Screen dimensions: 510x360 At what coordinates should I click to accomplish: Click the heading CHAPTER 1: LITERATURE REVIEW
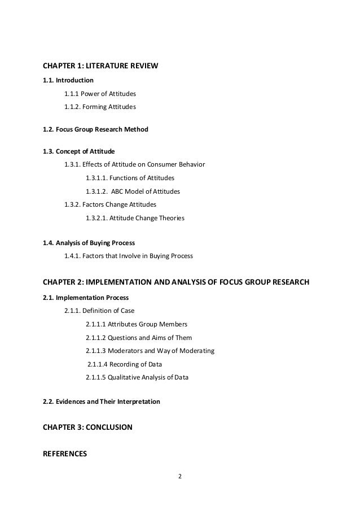tap(100, 67)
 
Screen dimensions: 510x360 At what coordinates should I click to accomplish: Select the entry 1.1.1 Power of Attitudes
tap(100, 93)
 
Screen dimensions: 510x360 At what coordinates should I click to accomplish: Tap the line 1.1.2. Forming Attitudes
tap(100, 106)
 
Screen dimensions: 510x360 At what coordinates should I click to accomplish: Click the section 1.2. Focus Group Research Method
tap(95, 129)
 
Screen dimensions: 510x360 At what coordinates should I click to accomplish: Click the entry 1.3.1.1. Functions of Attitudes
tap(130, 178)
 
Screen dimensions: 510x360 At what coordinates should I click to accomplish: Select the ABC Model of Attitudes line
tap(133, 191)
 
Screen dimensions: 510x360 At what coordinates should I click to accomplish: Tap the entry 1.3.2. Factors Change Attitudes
tap(110, 204)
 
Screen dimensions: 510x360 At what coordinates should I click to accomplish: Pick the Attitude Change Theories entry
tap(135, 217)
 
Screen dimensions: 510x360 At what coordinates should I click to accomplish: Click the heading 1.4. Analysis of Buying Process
tap(89, 243)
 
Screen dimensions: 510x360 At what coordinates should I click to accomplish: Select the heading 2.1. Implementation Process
tap(86, 297)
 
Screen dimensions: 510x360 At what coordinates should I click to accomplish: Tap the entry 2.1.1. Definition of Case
tap(99, 310)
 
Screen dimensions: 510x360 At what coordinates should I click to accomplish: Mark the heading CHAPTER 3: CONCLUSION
tap(87, 428)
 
